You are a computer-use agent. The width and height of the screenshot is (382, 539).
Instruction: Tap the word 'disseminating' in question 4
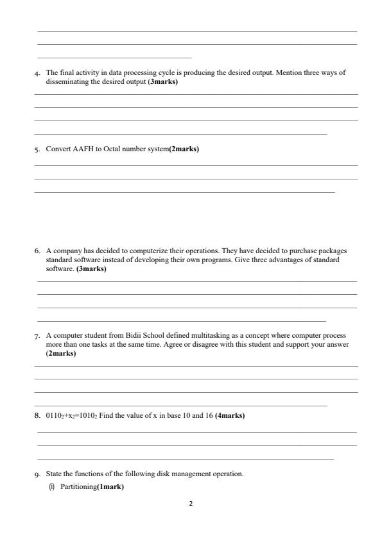coord(66,81)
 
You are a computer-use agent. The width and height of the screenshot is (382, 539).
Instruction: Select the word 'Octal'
coord(113,149)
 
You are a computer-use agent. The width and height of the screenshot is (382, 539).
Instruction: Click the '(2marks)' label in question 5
coord(184,149)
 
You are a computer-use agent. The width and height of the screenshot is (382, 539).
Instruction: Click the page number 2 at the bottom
coord(191,504)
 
